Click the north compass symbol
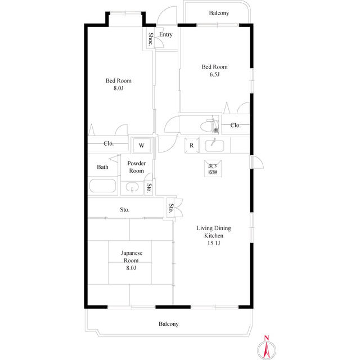(x=267, y=348)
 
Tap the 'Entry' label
(x=165, y=35)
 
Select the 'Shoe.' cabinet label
(x=150, y=39)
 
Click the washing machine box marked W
(x=142, y=146)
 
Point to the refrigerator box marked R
(x=192, y=145)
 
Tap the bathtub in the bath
(x=102, y=187)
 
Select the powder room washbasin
(x=133, y=187)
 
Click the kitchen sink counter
(x=214, y=145)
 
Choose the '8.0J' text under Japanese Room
(x=130, y=268)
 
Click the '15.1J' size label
(x=214, y=244)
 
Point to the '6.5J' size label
(x=215, y=74)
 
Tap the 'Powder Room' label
(x=137, y=167)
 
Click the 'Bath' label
(x=102, y=167)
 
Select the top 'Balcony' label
(x=219, y=13)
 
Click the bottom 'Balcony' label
(x=168, y=324)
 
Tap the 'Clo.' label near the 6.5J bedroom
(x=235, y=125)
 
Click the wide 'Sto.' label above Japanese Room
(x=124, y=210)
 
